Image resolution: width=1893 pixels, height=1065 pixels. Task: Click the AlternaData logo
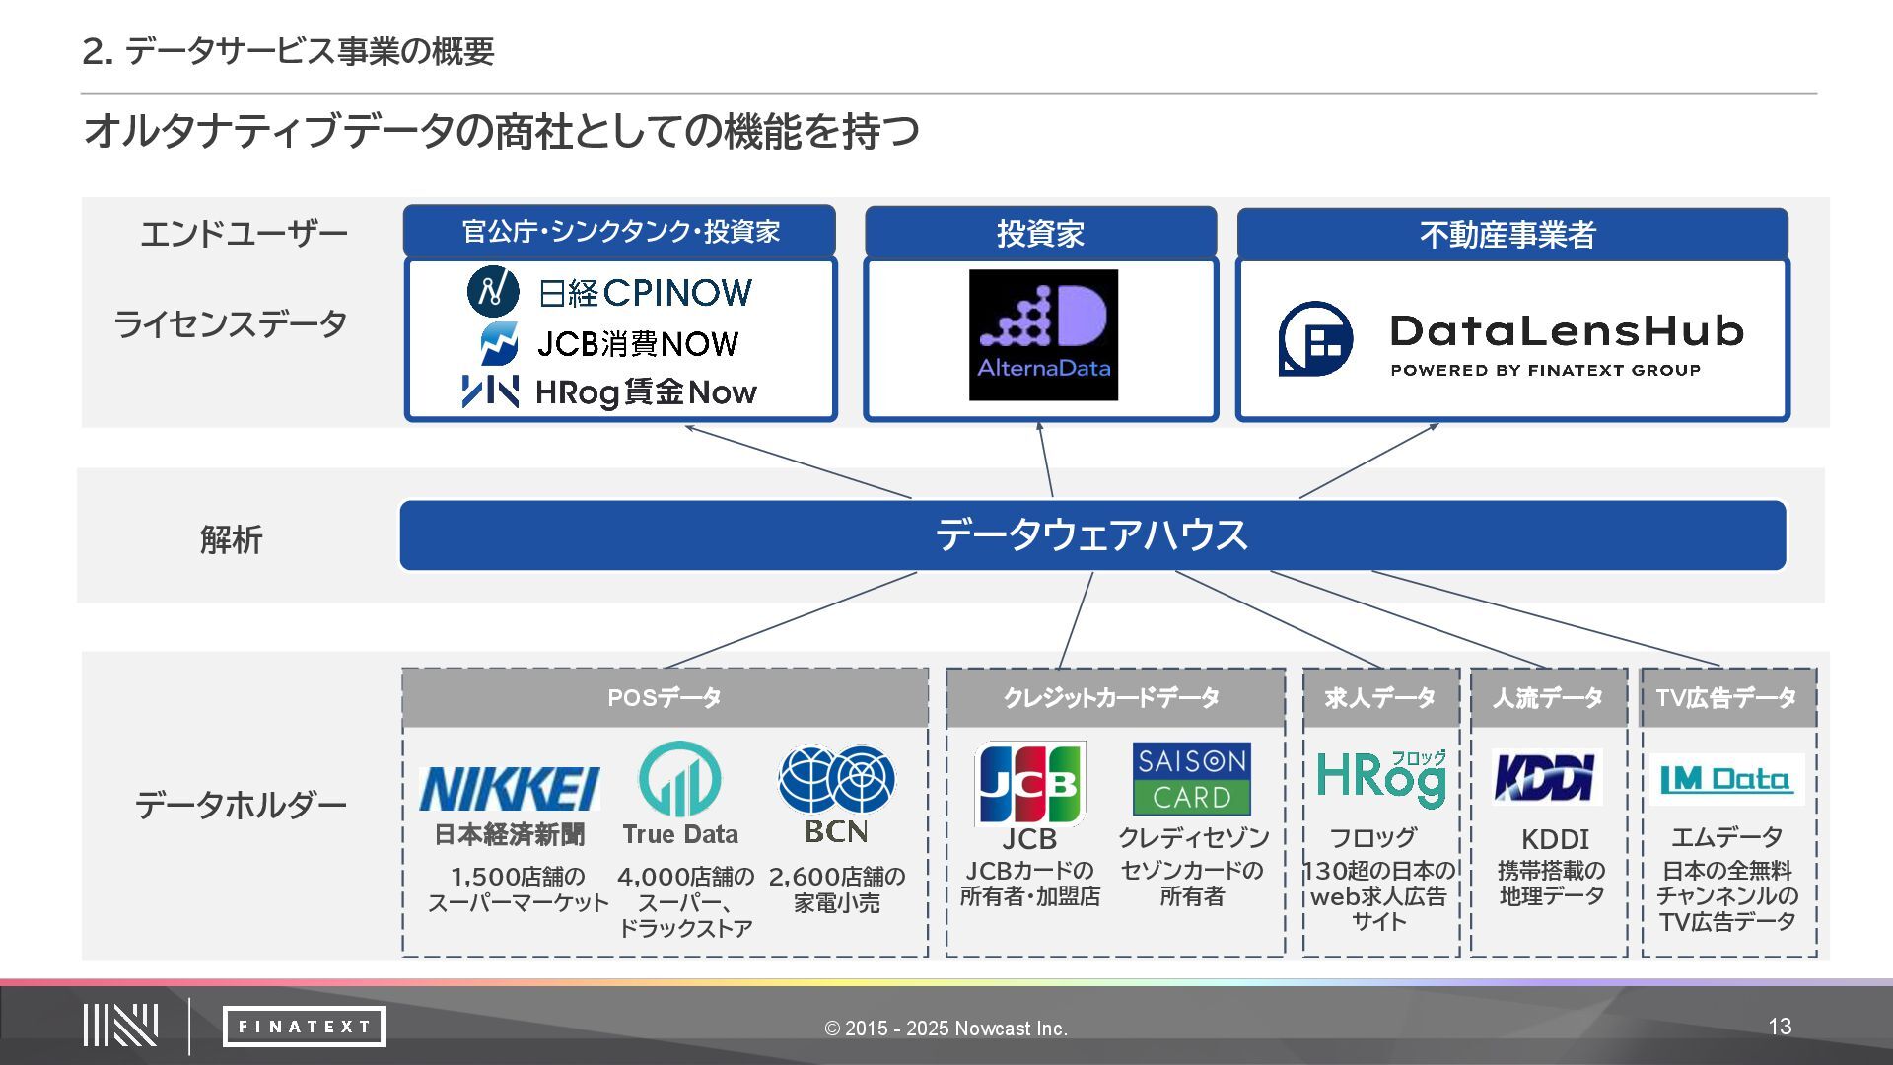point(1043,335)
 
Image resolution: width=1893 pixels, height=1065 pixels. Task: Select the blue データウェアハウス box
point(1092,535)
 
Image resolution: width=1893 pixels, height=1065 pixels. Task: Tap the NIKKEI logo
point(509,788)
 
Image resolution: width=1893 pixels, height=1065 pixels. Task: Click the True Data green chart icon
point(679,779)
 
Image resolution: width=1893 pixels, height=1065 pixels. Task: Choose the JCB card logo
point(1029,784)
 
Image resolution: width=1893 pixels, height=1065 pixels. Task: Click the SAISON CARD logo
point(1191,779)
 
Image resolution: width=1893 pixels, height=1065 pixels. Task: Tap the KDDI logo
point(1546,777)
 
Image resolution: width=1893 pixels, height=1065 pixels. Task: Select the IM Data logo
point(1725,780)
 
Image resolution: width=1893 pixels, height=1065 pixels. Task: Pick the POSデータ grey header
point(665,698)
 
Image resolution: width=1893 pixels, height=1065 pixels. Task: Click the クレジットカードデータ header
point(1114,698)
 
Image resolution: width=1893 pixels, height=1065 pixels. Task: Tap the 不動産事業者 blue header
point(1510,234)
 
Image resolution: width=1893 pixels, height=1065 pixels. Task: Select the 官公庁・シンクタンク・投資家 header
point(619,232)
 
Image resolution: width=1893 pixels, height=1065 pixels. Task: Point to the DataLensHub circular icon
point(1315,339)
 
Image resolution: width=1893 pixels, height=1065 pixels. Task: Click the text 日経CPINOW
point(646,293)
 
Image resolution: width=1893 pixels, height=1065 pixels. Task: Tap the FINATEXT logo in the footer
point(304,1027)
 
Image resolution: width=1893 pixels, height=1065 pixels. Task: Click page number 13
point(1780,1027)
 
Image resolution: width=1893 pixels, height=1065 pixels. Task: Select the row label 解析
point(232,539)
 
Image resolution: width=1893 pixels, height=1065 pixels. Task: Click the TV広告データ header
point(1726,698)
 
